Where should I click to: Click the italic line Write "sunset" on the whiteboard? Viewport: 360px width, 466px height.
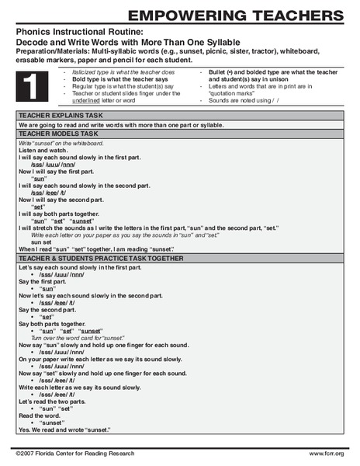point(57,141)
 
